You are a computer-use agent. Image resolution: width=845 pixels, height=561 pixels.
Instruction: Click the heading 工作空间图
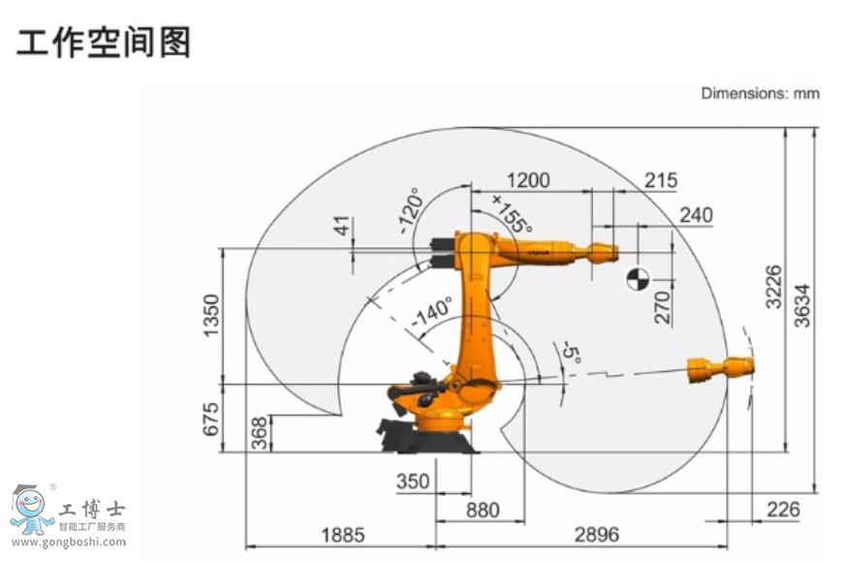click(x=104, y=42)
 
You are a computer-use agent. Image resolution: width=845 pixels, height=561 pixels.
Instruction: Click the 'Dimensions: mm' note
click(x=760, y=93)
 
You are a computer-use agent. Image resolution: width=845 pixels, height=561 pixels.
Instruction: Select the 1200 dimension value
click(x=528, y=180)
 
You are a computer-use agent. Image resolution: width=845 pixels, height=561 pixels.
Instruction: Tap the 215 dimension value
click(x=661, y=180)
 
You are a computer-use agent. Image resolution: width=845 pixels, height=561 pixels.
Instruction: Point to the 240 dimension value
click(x=696, y=214)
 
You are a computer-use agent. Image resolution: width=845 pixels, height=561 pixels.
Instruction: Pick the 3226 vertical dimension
click(x=772, y=286)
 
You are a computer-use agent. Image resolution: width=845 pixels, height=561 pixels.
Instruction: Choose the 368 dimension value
click(x=258, y=433)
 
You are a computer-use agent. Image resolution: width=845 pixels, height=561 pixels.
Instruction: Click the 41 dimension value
click(x=341, y=227)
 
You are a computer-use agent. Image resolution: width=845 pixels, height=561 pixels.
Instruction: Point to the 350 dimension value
click(x=412, y=482)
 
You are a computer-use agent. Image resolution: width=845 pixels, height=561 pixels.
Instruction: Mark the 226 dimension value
click(x=783, y=509)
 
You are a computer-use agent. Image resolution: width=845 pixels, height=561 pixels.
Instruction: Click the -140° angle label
click(x=431, y=312)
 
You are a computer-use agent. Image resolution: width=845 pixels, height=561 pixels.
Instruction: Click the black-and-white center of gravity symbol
click(x=637, y=278)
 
